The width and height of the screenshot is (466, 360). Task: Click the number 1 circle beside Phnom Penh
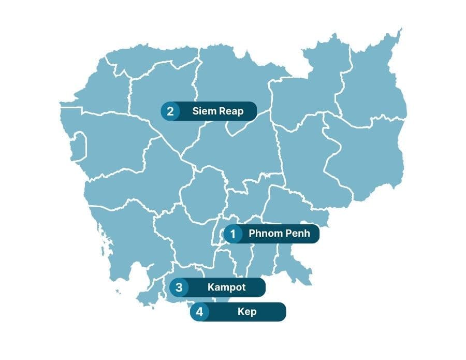(233, 234)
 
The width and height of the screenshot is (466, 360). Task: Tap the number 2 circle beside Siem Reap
(170, 111)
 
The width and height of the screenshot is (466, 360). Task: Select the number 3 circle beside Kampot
(179, 287)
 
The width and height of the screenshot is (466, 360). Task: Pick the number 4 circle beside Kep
(200, 312)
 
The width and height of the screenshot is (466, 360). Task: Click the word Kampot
(226, 287)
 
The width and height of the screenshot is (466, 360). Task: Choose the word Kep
(246, 312)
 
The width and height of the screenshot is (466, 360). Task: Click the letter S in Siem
(195, 111)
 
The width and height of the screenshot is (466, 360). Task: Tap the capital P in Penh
(287, 234)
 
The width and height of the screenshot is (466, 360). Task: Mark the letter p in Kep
(253, 313)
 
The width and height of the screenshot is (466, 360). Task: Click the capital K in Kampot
(211, 287)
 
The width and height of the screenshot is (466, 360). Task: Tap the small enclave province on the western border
(78, 145)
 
